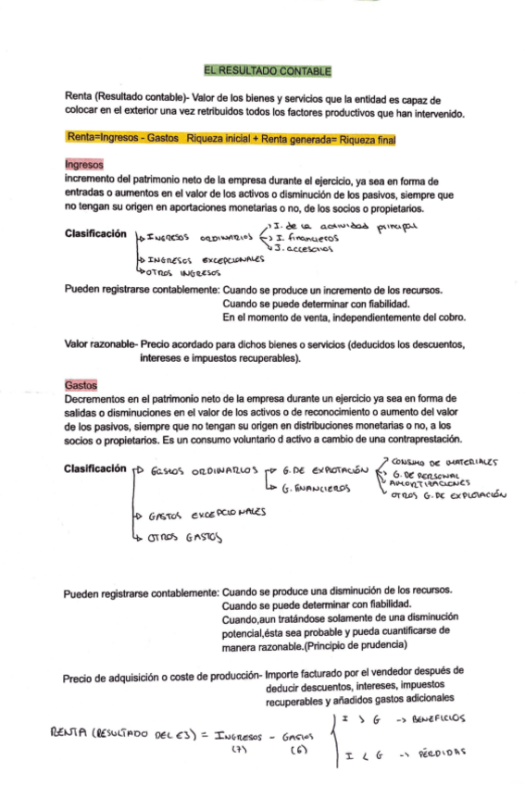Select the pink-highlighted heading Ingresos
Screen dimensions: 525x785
click(83, 165)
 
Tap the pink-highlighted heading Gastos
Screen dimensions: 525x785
click(81, 383)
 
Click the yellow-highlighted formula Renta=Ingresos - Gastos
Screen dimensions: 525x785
click(123, 139)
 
